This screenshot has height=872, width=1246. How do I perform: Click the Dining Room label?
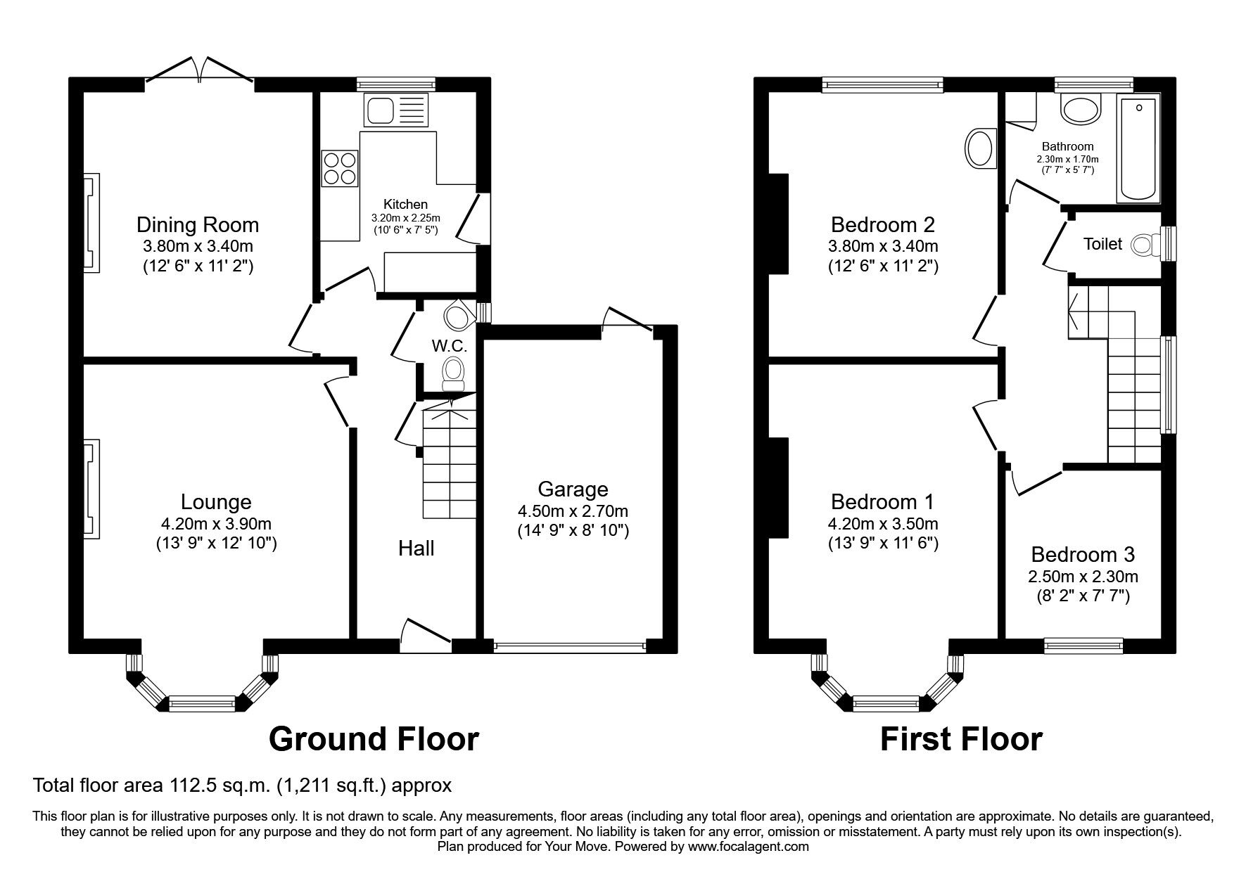(x=198, y=225)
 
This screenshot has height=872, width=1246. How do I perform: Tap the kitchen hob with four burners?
(x=339, y=168)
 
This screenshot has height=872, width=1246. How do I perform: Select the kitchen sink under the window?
(x=395, y=110)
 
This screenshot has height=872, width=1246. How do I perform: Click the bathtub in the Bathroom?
(x=1138, y=149)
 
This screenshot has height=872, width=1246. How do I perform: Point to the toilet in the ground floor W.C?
(x=453, y=371)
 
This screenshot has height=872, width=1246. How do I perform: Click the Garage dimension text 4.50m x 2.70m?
(x=573, y=511)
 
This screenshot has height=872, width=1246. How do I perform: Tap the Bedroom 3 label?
(x=1083, y=555)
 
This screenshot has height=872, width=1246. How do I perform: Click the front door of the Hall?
(x=426, y=631)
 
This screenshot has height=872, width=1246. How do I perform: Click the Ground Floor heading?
(x=374, y=739)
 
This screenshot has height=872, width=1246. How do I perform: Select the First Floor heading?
(x=961, y=739)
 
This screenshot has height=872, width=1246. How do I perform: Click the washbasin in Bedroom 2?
(x=980, y=148)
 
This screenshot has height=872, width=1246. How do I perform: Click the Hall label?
(x=417, y=549)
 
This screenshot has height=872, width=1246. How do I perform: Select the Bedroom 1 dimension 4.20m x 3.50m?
(x=883, y=524)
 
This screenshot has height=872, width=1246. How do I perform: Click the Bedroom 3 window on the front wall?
(x=1083, y=644)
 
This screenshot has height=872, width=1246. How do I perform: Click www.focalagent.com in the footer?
(x=748, y=847)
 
